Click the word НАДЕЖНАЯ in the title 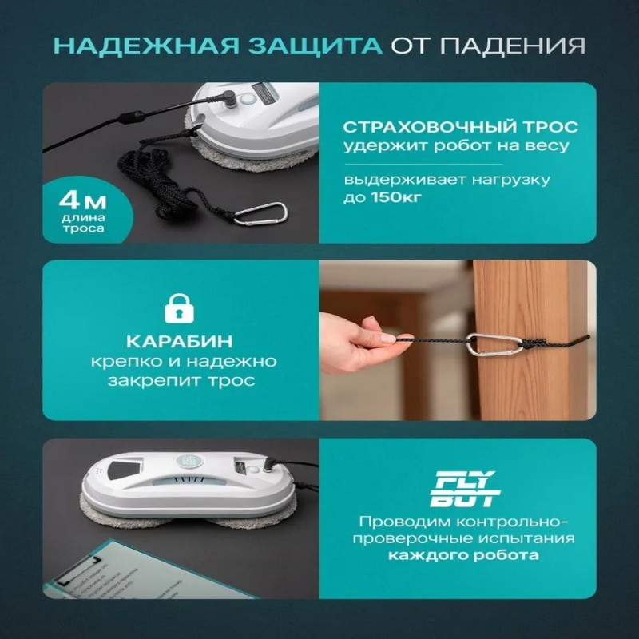(146, 46)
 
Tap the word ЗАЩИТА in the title (316, 46)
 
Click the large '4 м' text (83, 201)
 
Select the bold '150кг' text (396, 197)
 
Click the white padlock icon (179, 308)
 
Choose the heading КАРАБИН (179, 342)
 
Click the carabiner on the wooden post (494, 345)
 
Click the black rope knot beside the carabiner (533, 344)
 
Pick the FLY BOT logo (465, 489)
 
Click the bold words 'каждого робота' (463, 555)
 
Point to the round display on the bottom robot (189, 462)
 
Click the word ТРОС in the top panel (556, 127)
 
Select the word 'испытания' (526, 538)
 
